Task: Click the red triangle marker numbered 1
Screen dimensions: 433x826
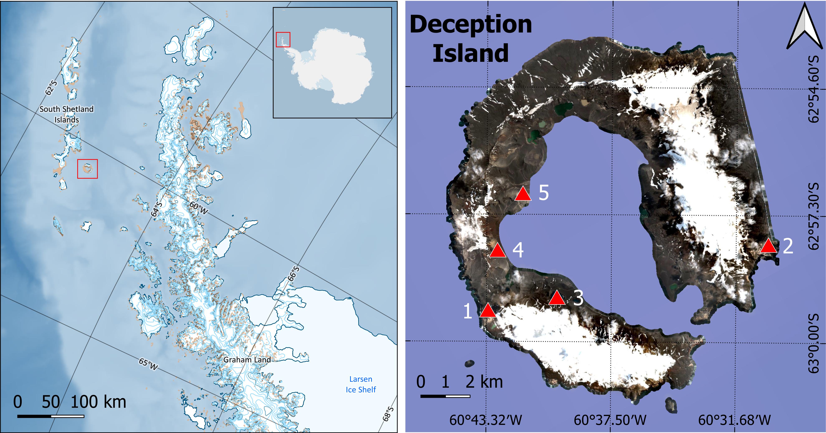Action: [488, 311]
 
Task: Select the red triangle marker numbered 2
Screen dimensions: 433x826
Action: [769, 246]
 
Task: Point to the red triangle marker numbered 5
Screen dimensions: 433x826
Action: [523, 194]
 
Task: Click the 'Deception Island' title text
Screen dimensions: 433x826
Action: [471, 38]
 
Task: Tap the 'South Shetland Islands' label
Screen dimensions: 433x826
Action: [67, 114]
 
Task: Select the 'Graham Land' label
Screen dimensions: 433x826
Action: [247, 360]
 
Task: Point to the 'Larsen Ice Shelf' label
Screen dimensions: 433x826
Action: [361, 384]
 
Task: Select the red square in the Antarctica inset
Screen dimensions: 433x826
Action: [283, 39]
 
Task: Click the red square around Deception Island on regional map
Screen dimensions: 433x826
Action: [87, 169]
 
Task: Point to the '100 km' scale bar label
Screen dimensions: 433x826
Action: [98, 402]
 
